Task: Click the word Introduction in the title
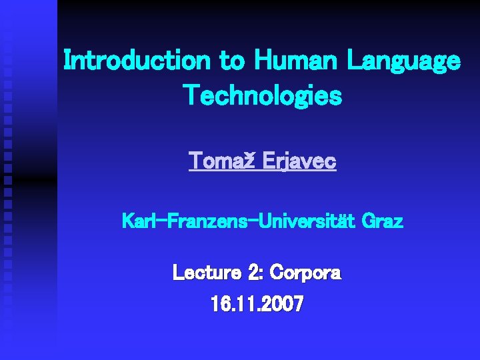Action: tap(137, 61)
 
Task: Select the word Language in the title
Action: tap(403, 61)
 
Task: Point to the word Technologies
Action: tap(262, 96)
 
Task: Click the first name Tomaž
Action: tap(219, 161)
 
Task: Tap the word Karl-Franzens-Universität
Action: tap(239, 221)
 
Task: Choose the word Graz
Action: tap(383, 221)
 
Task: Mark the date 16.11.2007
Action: tap(257, 305)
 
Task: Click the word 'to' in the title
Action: tap(232, 61)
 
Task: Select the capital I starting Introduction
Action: tap(67, 61)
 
